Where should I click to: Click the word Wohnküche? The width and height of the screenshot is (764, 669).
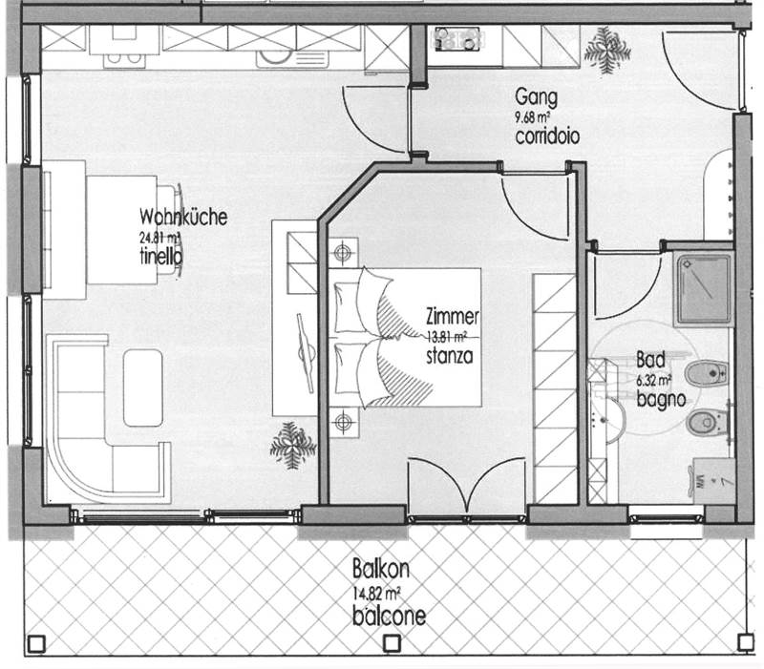click(x=183, y=218)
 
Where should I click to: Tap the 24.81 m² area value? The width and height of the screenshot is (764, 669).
click(x=159, y=238)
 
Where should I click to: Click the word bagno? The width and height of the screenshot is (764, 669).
click(x=661, y=399)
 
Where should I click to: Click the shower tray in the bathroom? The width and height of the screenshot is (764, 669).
click(x=702, y=289)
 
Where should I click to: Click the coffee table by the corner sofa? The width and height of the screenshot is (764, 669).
click(x=143, y=387)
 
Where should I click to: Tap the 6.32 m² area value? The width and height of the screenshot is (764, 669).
click(x=656, y=380)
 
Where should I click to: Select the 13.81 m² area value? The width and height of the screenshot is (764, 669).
click(x=446, y=337)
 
